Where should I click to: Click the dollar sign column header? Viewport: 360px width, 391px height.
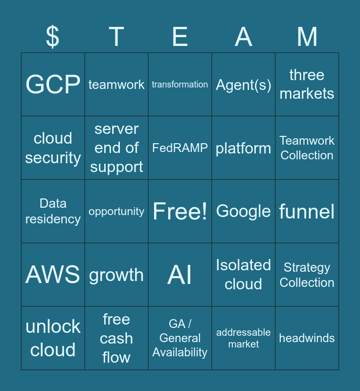tap(53, 37)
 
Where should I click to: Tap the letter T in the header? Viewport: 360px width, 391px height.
tap(116, 37)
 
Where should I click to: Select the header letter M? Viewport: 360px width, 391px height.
tap(307, 37)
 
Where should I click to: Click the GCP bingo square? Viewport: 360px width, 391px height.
tap(53, 85)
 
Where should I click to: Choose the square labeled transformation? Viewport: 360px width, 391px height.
tap(180, 85)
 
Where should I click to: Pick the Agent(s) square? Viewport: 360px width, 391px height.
tap(244, 85)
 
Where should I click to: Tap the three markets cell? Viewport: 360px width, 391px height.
tap(307, 85)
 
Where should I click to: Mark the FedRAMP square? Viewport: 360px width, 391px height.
tap(180, 148)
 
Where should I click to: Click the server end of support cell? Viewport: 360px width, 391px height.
tap(116, 148)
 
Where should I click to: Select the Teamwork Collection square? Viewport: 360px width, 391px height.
tap(307, 148)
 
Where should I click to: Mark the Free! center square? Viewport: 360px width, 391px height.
tap(180, 211)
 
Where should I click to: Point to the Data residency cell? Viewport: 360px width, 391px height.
tap(53, 211)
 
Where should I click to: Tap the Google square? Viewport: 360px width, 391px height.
tap(244, 211)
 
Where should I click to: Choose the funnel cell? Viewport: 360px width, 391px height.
tap(307, 211)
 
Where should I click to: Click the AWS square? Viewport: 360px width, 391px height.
tap(53, 275)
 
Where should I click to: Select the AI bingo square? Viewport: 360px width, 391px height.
tap(180, 275)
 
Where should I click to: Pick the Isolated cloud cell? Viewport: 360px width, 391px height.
tap(244, 275)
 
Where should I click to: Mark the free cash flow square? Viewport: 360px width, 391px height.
tap(116, 338)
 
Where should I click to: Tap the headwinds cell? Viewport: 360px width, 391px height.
tap(307, 338)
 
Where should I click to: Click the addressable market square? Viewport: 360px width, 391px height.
tap(244, 338)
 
